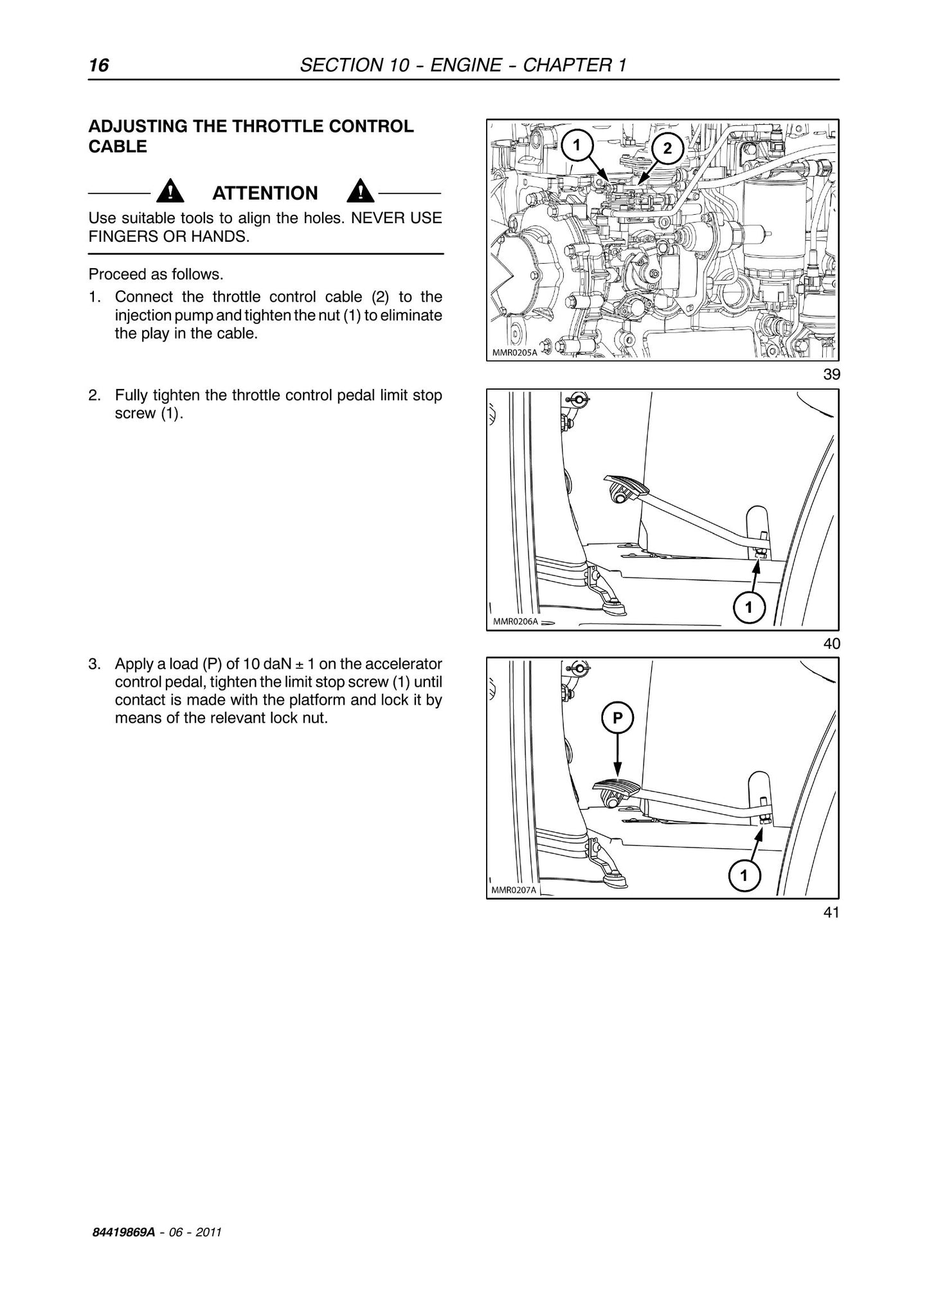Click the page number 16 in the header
click(99, 65)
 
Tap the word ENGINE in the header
click(466, 65)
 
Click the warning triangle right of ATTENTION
click(361, 192)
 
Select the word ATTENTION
click(265, 193)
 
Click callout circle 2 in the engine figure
click(668, 149)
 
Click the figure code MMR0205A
click(514, 352)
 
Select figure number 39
click(831, 374)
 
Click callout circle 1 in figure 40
click(749, 607)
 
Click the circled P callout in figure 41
click(618, 718)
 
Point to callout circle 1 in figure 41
click(744, 875)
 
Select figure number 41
click(831, 912)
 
